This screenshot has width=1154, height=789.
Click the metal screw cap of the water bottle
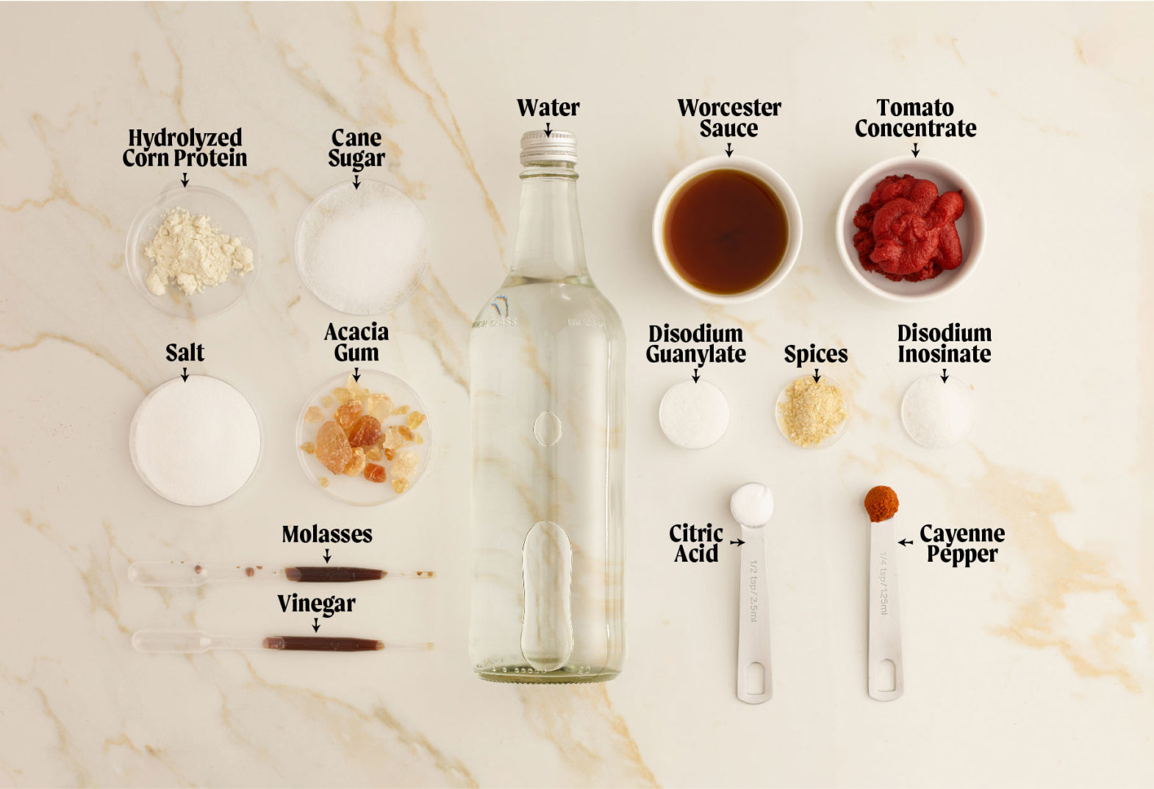coord(548,147)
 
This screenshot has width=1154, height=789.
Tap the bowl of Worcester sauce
coord(727,229)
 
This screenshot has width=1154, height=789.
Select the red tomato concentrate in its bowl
coord(908,228)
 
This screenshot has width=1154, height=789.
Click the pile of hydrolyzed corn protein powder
coord(196,251)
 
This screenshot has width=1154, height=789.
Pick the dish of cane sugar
coord(362,247)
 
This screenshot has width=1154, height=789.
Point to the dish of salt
coord(196,440)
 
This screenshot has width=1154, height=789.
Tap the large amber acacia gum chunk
coord(333,447)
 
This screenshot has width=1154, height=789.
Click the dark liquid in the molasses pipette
coord(335,574)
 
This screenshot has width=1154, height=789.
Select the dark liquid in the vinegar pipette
coord(323,643)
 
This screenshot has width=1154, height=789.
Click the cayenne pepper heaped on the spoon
coord(881,504)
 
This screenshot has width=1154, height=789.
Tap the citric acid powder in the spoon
coord(752,504)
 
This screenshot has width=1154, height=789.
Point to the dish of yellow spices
coord(812,411)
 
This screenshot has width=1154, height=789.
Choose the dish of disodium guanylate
coord(694,414)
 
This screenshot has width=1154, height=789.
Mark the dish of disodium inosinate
coord(937,411)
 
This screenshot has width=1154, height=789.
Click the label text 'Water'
coord(548,108)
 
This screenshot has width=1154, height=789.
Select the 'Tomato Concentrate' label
coord(915,118)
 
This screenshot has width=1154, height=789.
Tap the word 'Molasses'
coord(326,535)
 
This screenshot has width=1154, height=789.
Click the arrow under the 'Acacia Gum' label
coord(356,375)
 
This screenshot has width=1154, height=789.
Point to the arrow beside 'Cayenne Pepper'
coord(906,542)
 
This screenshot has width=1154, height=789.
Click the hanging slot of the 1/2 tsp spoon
coord(755,676)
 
